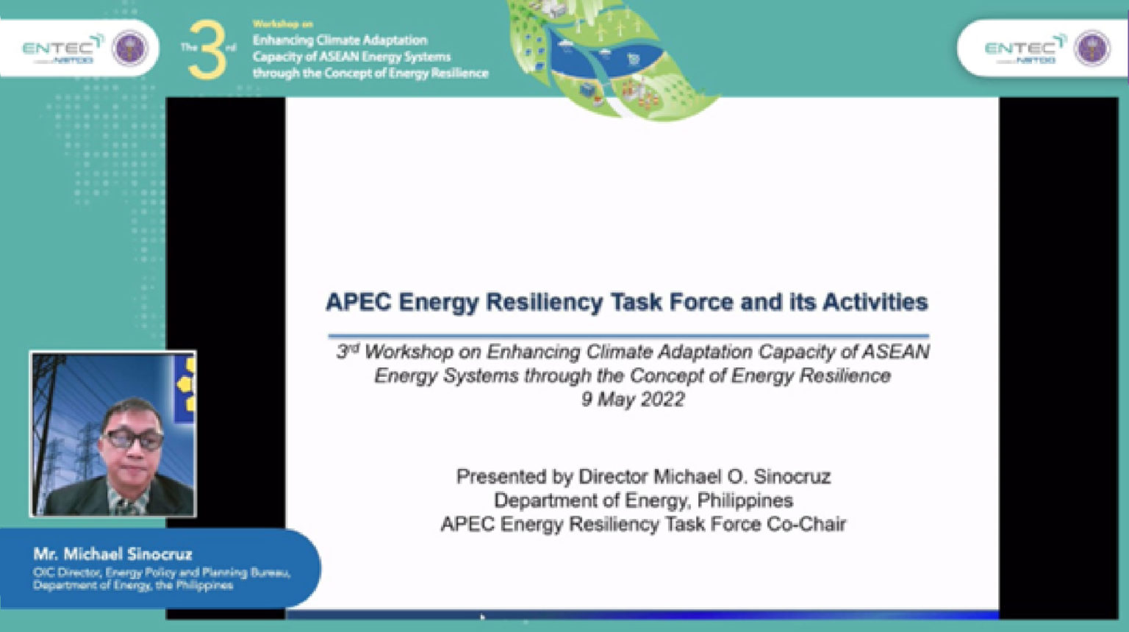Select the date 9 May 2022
point(633,400)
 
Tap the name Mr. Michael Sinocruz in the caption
point(112,554)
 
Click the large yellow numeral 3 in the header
point(207,50)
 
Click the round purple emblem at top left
point(130,49)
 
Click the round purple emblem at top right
point(1092,49)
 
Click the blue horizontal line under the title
point(628,336)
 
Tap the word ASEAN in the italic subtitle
point(895,352)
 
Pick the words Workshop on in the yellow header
point(282,24)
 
